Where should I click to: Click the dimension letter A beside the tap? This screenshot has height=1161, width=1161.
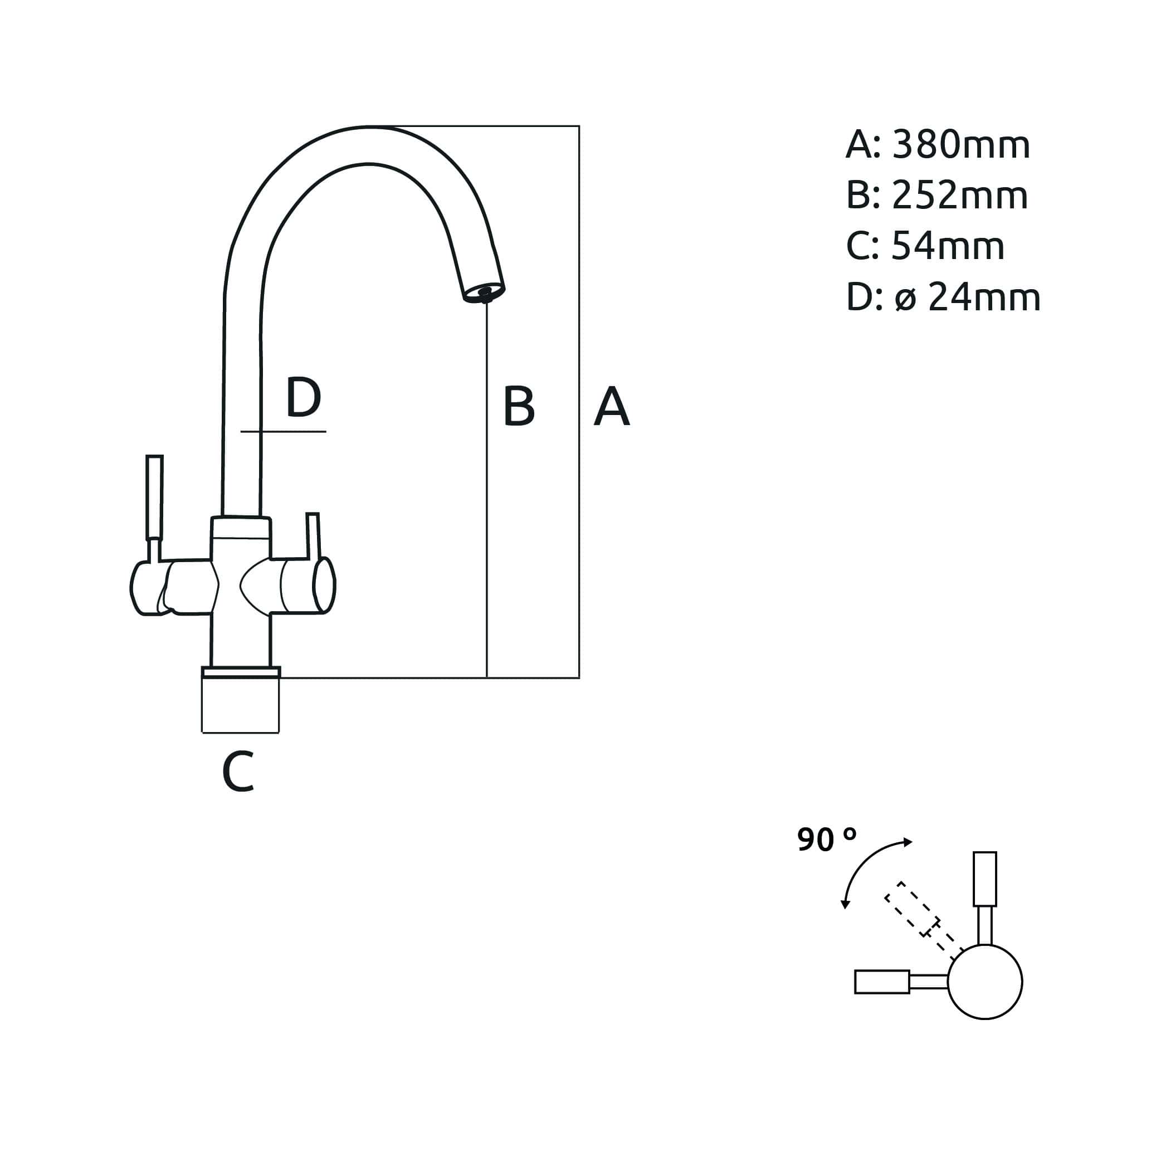612,407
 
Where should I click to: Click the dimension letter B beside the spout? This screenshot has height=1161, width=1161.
519,407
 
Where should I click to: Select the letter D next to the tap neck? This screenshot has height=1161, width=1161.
304,397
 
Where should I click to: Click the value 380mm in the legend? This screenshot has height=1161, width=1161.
961,145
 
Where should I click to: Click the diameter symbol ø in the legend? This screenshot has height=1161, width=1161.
906,298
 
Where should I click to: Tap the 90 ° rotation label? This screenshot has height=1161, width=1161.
826,840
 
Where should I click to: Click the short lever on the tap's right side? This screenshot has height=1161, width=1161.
313,535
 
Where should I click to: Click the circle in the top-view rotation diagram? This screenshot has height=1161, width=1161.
984,983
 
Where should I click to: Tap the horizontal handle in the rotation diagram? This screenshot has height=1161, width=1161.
882,982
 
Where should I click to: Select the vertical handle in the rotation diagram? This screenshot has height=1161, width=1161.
984,879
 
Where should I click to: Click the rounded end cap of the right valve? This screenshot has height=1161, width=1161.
324,585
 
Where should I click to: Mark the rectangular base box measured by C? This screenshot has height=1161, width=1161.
240,704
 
